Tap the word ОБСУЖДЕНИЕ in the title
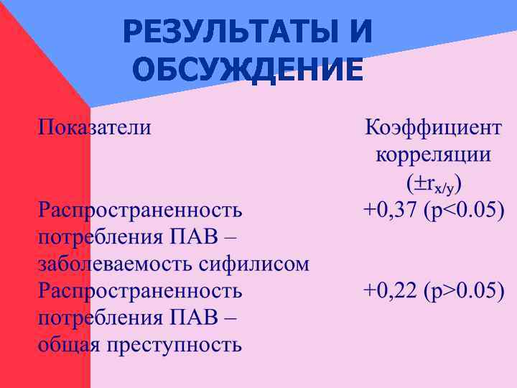tap(248, 71)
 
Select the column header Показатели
tap(95, 128)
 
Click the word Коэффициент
tap(434, 128)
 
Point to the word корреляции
tap(434, 155)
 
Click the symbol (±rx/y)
tap(434, 184)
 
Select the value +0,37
tap(391, 210)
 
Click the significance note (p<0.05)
tap(464, 210)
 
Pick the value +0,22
tap(391, 290)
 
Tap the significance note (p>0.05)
tap(464, 290)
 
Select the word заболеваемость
tap(115, 264)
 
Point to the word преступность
tap(174, 345)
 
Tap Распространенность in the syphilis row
tap(140, 210)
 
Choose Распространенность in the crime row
tap(140, 290)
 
